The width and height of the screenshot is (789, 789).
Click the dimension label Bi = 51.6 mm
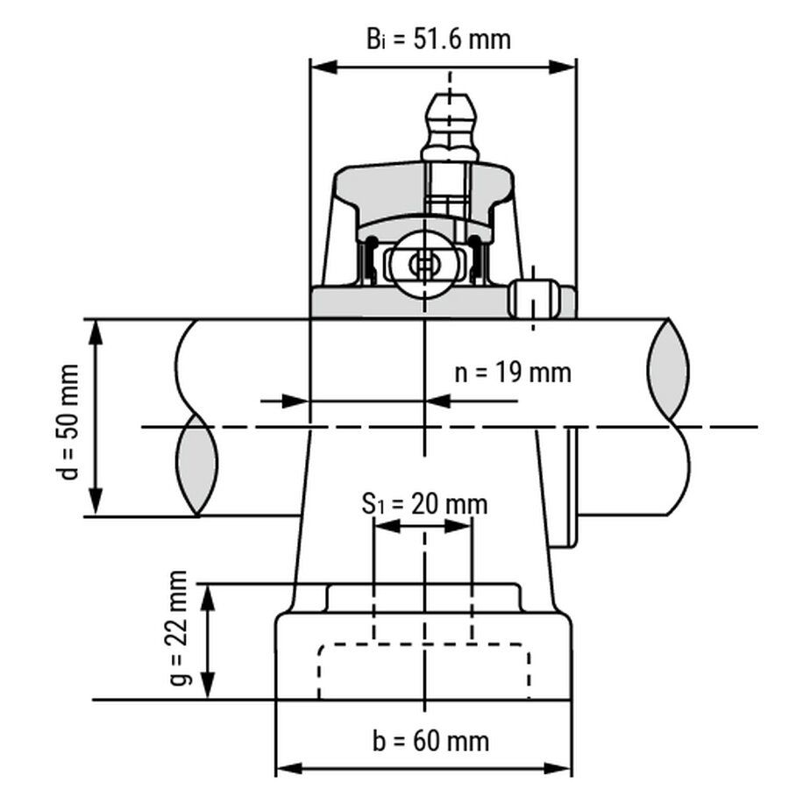(438, 39)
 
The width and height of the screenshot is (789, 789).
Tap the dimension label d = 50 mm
(67, 422)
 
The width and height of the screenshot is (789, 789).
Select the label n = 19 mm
(513, 373)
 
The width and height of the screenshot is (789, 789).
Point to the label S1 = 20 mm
(424, 504)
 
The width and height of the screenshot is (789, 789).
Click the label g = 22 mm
(179, 628)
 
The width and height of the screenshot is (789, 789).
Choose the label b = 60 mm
(430, 741)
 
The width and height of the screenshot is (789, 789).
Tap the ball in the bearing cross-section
(424, 265)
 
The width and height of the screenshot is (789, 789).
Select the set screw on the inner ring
(534, 298)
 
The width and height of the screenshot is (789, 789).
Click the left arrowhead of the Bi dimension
(323, 67)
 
